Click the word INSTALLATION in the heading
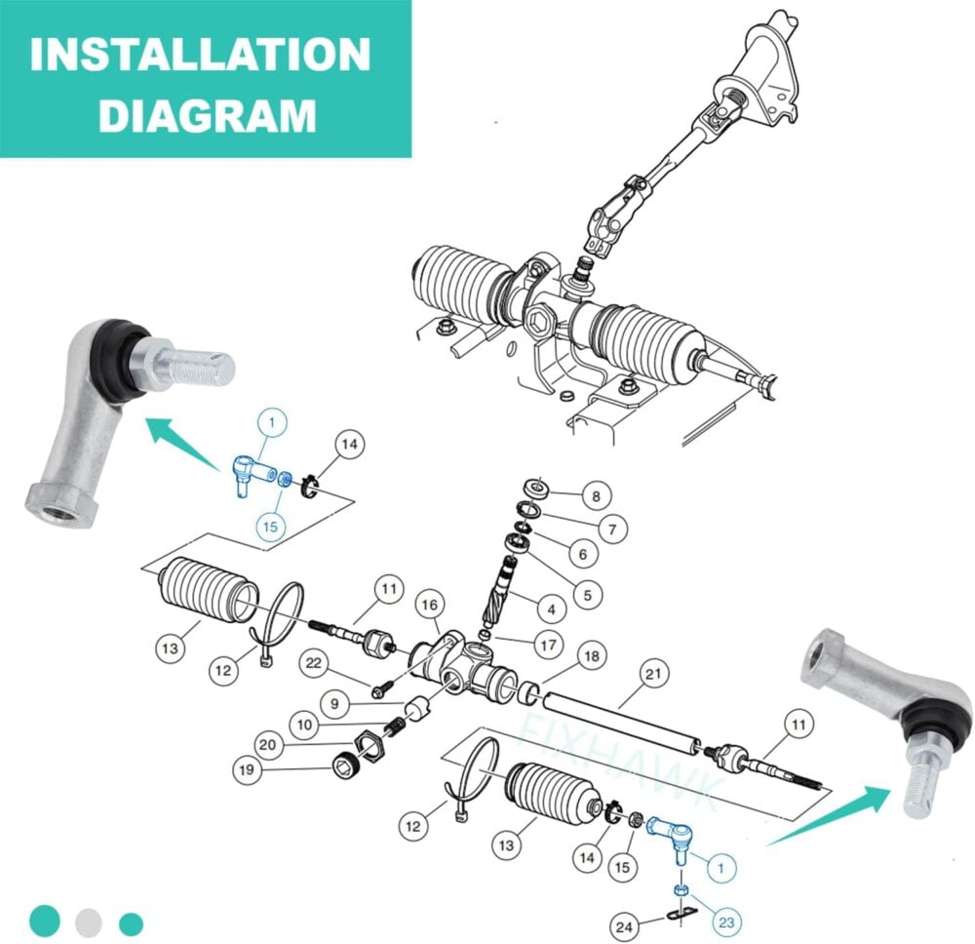coord(200,55)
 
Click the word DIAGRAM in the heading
coord(208,115)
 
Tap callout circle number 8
coord(597,495)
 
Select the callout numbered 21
coord(653,674)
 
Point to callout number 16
coord(430,605)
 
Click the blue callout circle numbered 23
coord(726,922)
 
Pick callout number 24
coord(624,927)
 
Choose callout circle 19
coord(247,769)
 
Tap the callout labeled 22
coord(313,663)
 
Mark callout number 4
coord(552,610)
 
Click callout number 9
coord(335,703)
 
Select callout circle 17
coord(548,645)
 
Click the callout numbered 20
coord(267,744)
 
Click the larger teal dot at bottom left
coord(45,921)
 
